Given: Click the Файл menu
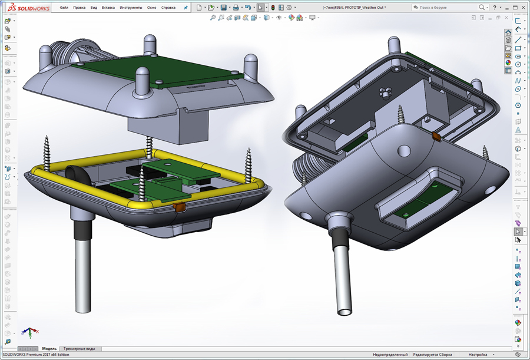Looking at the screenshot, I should (x=64, y=8).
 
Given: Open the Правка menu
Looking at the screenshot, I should (x=79, y=8).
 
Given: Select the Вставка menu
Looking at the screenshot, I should (x=108, y=8).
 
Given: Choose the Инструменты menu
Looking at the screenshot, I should (x=130, y=8).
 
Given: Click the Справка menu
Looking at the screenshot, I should (x=168, y=8).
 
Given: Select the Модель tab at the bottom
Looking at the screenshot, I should (x=49, y=349).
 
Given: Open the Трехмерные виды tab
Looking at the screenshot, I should (x=79, y=349).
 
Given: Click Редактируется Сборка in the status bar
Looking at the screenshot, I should (x=433, y=355).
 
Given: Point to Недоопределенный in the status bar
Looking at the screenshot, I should (x=390, y=355).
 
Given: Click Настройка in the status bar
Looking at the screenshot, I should (x=478, y=355).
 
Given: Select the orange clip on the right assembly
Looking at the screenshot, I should (x=436, y=137).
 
